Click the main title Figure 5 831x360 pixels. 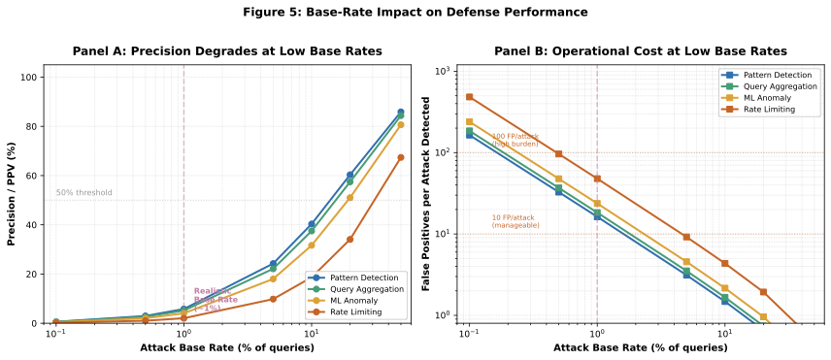tap(415, 13)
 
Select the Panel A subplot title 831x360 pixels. tap(227, 50)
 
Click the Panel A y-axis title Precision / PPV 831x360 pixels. tap(13, 193)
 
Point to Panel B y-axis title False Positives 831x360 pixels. tap(426, 193)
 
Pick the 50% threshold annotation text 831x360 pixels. tap(83, 193)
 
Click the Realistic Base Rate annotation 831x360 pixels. tap(215, 299)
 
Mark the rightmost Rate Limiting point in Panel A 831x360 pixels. tap(401, 157)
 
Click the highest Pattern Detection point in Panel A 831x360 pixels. tap(401, 112)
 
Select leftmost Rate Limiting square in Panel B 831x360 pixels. tap(469, 97)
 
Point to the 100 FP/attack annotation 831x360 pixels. tap(514, 140)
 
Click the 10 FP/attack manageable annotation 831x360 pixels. tap(515, 221)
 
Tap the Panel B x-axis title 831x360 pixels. tap(626, 346)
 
